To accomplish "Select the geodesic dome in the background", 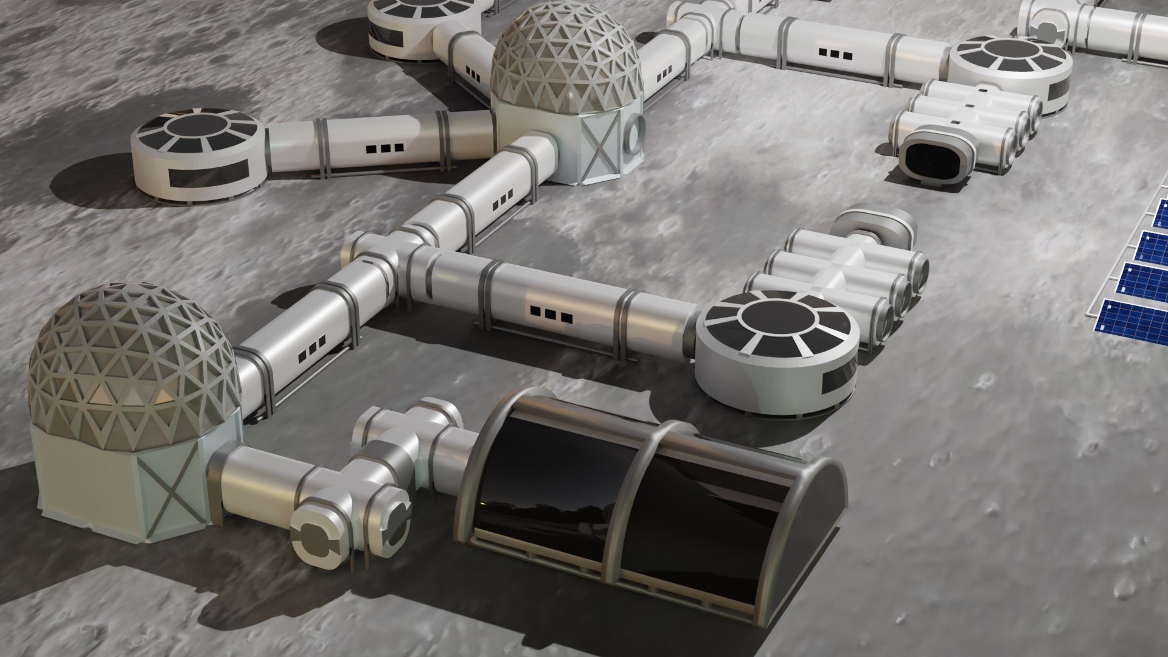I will pos(566,61).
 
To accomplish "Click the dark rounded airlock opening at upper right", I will pos(931,155).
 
